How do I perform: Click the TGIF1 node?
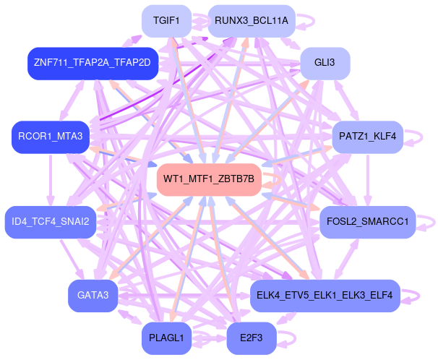tap(166, 21)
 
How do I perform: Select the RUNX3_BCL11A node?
tap(251, 21)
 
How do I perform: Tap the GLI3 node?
tap(325, 64)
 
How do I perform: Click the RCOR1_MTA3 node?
tap(51, 136)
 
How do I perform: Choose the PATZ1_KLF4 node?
tap(366, 136)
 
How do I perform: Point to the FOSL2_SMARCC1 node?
tap(367, 221)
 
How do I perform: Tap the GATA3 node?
tap(93, 295)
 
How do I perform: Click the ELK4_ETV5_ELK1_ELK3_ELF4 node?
tap(324, 295)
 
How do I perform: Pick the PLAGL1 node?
tap(166, 338)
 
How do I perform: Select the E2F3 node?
tap(251, 338)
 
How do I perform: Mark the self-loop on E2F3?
tap(288, 338)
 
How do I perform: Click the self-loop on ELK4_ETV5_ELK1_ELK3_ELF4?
tap(411, 296)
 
